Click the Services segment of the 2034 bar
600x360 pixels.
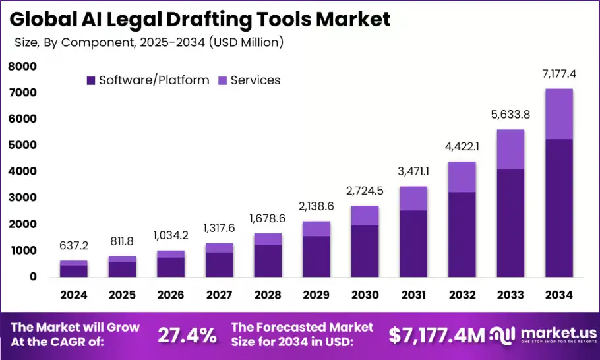(x=558, y=114)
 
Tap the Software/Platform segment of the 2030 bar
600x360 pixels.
(x=365, y=251)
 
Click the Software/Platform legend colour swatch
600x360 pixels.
(x=91, y=80)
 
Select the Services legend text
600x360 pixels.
(x=255, y=80)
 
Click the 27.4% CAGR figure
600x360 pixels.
(x=187, y=335)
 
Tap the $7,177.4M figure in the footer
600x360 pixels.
(x=436, y=335)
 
